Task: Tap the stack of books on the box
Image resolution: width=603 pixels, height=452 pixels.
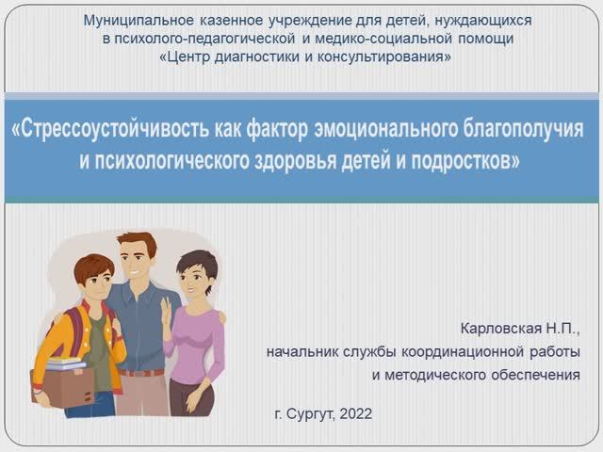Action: coord(65,363)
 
